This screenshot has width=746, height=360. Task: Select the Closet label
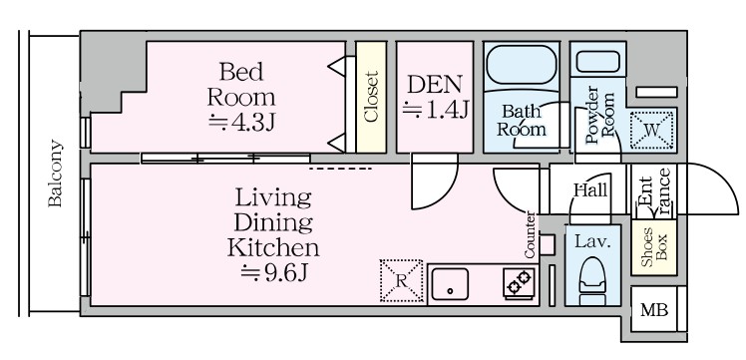tap(371, 97)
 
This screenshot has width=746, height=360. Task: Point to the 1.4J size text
tap(435, 110)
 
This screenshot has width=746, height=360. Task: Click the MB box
tap(654, 310)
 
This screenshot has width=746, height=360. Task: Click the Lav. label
tap(588, 240)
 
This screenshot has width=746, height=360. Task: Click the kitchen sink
tap(452, 284)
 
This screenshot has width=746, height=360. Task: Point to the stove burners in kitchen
tap(518, 283)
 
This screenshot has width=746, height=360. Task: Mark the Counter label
tap(531, 234)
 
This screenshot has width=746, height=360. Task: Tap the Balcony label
tap(56, 175)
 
